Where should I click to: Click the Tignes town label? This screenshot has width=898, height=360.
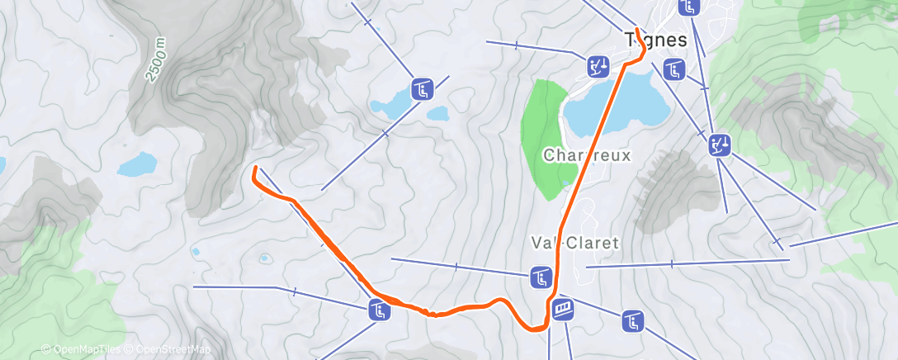(656, 40)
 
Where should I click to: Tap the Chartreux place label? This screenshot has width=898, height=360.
(587, 155)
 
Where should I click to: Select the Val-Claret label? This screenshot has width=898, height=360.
(574, 243)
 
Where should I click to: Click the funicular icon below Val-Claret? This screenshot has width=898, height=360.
(564, 309)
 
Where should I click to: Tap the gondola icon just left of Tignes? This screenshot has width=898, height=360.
(598, 65)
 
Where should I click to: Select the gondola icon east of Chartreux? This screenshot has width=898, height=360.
(720, 146)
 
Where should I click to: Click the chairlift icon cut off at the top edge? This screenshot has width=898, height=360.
(689, 7)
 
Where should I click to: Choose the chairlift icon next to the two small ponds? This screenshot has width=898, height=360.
(422, 88)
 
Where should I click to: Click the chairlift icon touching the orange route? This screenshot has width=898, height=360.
(378, 310)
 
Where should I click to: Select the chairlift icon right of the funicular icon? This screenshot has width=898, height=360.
(632, 320)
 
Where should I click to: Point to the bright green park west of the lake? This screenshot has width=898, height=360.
(545, 136)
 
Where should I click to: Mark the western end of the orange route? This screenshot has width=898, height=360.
(254, 168)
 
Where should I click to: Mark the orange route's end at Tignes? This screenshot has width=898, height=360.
(638, 31)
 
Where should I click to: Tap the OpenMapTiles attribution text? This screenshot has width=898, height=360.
(81, 350)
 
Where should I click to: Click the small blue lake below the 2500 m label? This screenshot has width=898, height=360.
(137, 163)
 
